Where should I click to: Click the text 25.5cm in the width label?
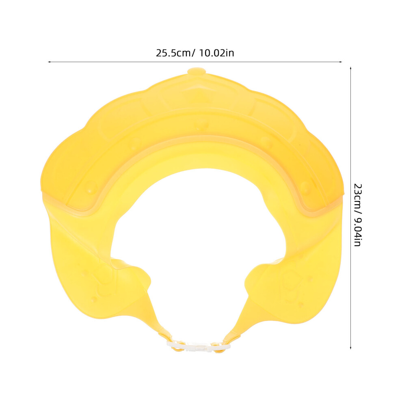[173, 53]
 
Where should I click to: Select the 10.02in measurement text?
[216, 53]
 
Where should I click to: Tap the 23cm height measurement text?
[357, 196]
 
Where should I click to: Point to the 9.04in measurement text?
[357, 229]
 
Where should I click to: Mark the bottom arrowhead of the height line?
[350, 348]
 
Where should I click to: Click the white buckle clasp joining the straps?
[199, 347]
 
